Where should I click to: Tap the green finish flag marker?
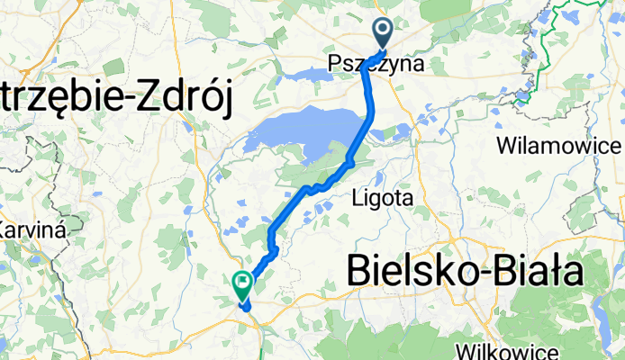242,286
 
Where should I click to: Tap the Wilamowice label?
559,146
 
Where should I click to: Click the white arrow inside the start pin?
383,31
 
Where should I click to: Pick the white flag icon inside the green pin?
242,283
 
